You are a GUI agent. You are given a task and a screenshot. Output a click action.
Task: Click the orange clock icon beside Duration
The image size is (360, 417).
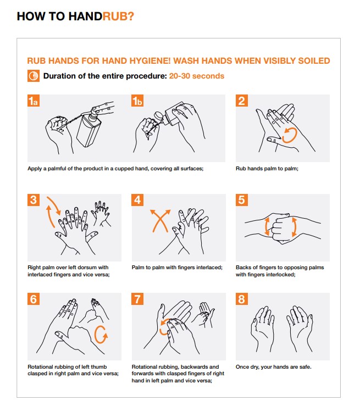point(34,76)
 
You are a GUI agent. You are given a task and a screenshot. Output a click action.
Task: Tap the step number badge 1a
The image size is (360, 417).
point(34,101)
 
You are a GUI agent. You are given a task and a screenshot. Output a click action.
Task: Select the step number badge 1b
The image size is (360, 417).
point(137,101)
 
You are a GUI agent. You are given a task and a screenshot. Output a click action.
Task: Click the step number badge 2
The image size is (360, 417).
point(242,101)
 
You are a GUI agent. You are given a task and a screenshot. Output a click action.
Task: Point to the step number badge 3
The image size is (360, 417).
point(34,200)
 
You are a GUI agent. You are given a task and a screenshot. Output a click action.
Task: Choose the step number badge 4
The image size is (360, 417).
point(137,200)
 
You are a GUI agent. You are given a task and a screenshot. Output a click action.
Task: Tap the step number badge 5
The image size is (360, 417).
point(242,200)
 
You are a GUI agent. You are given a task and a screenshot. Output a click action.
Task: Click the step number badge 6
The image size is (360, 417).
point(34,299)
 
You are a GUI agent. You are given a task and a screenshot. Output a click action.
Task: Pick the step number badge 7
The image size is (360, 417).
point(137,299)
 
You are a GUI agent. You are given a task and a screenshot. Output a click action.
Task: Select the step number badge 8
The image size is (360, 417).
point(242,299)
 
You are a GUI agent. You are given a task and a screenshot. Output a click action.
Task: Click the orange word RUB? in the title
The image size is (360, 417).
point(118,16)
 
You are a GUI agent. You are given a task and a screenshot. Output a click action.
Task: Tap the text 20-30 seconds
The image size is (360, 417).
point(197,76)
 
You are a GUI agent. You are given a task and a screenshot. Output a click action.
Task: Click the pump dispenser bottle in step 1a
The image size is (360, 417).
point(89,127)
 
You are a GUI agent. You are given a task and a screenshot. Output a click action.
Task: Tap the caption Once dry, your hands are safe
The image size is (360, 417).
point(273,367)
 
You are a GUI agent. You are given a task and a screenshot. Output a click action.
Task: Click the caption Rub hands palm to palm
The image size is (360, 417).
point(267,169)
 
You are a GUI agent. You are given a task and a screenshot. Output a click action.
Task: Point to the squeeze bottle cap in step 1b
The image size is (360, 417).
point(159,116)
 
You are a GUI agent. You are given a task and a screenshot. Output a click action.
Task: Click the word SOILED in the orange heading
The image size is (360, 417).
point(314,61)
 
